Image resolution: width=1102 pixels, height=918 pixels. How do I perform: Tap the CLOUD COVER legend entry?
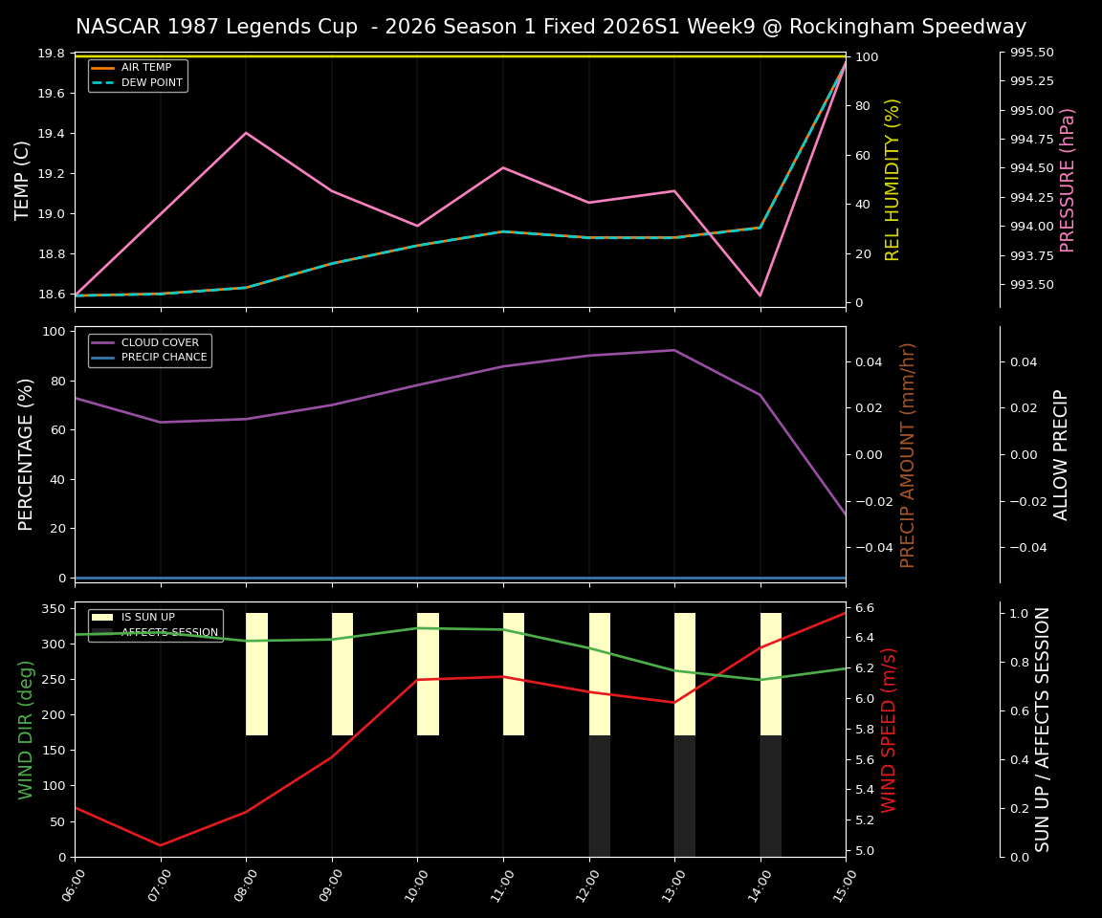pos(160,342)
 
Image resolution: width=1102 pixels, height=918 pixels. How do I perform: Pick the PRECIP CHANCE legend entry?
pos(164,358)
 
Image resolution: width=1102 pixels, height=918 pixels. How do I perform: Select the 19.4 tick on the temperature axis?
pos(50,134)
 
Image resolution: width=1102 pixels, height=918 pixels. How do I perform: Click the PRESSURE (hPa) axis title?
pos(1068,180)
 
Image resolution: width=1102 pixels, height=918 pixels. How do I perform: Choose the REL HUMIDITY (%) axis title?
pos(893,180)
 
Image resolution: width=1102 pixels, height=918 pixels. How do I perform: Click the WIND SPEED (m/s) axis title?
pos(889,730)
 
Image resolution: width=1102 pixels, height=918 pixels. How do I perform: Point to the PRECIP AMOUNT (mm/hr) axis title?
pos(908,455)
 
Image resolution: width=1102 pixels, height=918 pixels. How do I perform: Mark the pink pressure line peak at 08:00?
pos(246,133)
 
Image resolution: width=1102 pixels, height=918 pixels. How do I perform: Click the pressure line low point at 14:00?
pos(760,295)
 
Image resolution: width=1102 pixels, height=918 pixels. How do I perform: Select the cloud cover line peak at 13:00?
pos(674,350)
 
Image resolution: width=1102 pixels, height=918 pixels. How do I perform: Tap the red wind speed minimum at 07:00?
pos(161,845)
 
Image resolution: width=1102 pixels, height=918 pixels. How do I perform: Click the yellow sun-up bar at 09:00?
pos(342,674)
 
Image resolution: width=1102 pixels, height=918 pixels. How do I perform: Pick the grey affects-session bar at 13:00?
pos(685,796)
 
